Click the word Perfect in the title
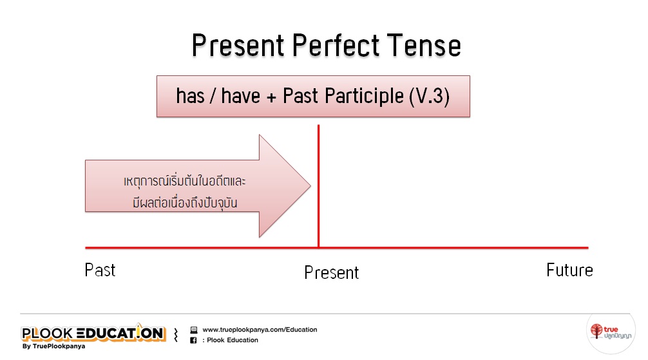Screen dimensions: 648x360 coord(336,45)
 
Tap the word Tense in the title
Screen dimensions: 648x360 coord(424,45)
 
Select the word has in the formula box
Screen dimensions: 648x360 coord(190,96)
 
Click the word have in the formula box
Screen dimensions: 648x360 coord(240,96)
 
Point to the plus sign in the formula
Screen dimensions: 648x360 coord(271,97)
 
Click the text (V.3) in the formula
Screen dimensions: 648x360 coord(430,97)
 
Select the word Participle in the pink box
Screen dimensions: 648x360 coord(364,97)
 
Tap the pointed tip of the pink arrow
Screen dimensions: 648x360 coord(310,185)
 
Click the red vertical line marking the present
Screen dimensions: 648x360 coord(319,186)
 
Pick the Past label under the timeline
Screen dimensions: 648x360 coord(100,270)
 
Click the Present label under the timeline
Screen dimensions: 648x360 coord(332,272)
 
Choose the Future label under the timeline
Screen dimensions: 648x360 coord(569,270)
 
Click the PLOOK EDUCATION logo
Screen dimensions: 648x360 coord(94,333)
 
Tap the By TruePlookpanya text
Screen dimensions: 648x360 coord(53,346)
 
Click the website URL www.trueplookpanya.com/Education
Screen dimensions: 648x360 coord(260,330)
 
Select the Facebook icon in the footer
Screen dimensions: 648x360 coord(193,340)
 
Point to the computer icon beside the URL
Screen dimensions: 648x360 coord(193,330)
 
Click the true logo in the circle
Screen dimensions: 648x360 coord(611,332)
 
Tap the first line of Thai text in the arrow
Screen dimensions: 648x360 coord(185,181)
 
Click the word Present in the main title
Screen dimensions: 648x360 coord(238,45)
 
